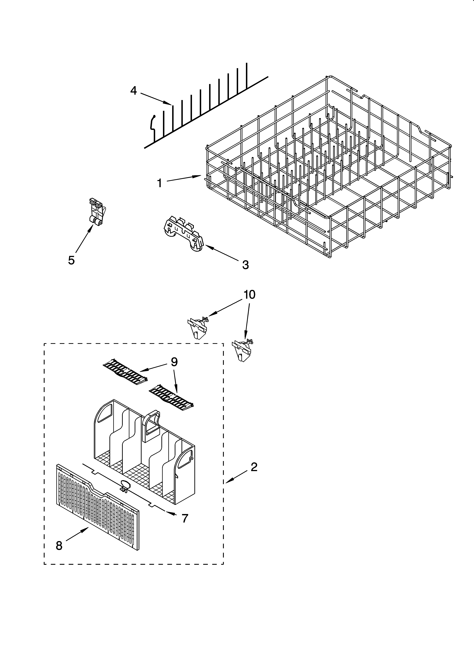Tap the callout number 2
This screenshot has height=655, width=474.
[x=254, y=467]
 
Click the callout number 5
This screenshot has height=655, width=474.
[x=71, y=260]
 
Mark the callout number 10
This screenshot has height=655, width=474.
[x=249, y=295]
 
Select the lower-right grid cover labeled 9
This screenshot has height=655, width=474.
[x=171, y=399]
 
